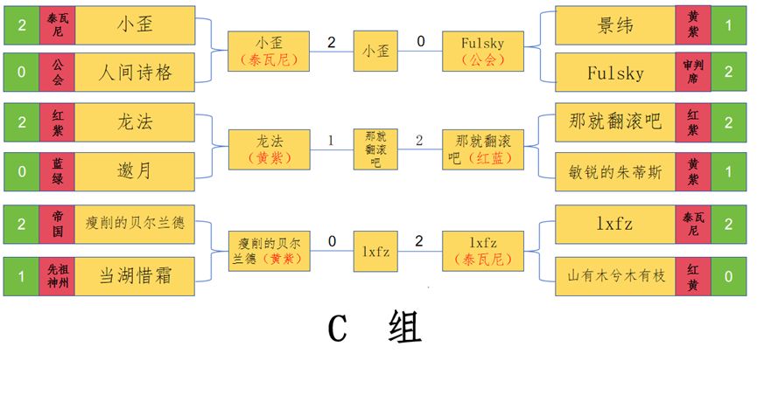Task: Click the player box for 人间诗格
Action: click(x=134, y=72)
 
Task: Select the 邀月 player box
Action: click(x=134, y=171)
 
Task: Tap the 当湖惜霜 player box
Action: click(x=134, y=276)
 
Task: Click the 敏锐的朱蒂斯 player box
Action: click(x=615, y=171)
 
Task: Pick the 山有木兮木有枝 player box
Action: click(x=615, y=276)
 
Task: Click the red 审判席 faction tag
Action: click(x=693, y=72)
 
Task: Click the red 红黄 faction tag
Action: click(x=693, y=276)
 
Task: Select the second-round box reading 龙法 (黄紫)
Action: click(x=269, y=149)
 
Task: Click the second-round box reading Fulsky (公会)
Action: click(x=484, y=51)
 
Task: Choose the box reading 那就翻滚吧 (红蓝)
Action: click(x=484, y=149)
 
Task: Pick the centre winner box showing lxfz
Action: click(x=376, y=252)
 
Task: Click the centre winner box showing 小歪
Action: click(x=376, y=51)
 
